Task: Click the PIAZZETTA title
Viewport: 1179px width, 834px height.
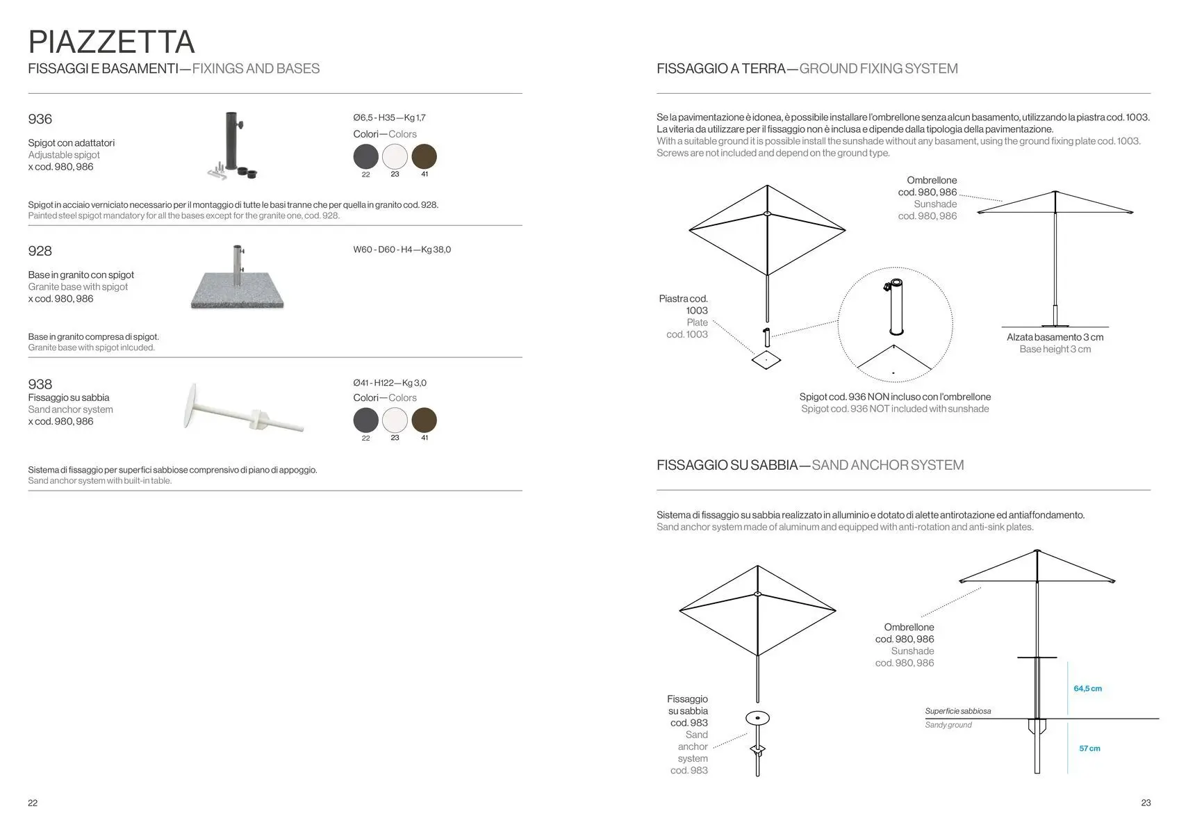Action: tap(111, 42)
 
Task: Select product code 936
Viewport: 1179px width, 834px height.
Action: tap(40, 119)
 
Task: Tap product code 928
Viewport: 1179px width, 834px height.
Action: tap(40, 251)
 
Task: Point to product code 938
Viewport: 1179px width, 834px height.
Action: tap(40, 384)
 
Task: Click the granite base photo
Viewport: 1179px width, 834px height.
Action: tap(238, 279)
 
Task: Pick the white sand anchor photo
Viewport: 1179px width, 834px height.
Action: tap(243, 412)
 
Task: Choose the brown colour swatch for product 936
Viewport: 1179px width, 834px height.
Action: tap(424, 156)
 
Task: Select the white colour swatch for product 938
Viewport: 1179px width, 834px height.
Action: tap(395, 420)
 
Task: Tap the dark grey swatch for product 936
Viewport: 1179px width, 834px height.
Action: tap(366, 156)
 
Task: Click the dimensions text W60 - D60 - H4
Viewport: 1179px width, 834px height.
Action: tap(402, 250)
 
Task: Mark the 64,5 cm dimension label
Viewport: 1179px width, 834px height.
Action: tap(1087, 689)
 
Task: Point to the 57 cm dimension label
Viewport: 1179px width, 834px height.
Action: tap(1089, 749)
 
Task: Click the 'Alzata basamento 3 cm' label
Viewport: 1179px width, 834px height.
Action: tap(1055, 337)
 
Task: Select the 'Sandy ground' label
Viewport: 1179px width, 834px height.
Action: tap(948, 725)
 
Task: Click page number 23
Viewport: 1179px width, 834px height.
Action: tap(1146, 803)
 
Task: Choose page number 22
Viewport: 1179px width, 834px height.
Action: tap(33, 803)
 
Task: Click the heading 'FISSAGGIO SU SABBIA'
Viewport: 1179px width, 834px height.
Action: tap(727, 465)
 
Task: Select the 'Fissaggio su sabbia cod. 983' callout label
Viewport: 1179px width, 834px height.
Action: tap(688, 711)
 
